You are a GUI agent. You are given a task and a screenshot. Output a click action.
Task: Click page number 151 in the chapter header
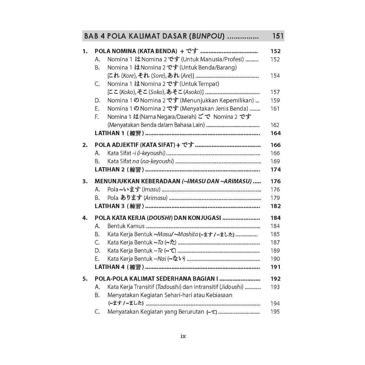point(277,36)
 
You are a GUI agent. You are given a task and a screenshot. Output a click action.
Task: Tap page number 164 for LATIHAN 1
point(276,133)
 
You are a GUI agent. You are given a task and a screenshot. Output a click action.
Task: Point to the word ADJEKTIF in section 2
point(125,145)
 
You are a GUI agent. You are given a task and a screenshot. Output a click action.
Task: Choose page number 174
point(276,169)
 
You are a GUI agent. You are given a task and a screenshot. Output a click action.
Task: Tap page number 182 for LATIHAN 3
point(276,206)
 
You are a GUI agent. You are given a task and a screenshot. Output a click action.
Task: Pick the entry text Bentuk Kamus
point(126,226)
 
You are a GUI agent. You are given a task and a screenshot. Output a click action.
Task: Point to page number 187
point(275,242)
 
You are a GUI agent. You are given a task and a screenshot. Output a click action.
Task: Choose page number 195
point(275,312)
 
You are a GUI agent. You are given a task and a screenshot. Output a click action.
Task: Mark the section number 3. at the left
point(85,181)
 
